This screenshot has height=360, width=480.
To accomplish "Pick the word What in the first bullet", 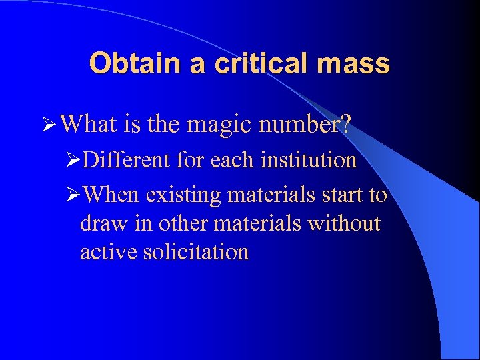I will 93,125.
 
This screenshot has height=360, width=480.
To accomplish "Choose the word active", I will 108,251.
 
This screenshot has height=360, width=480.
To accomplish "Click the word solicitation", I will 196,251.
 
